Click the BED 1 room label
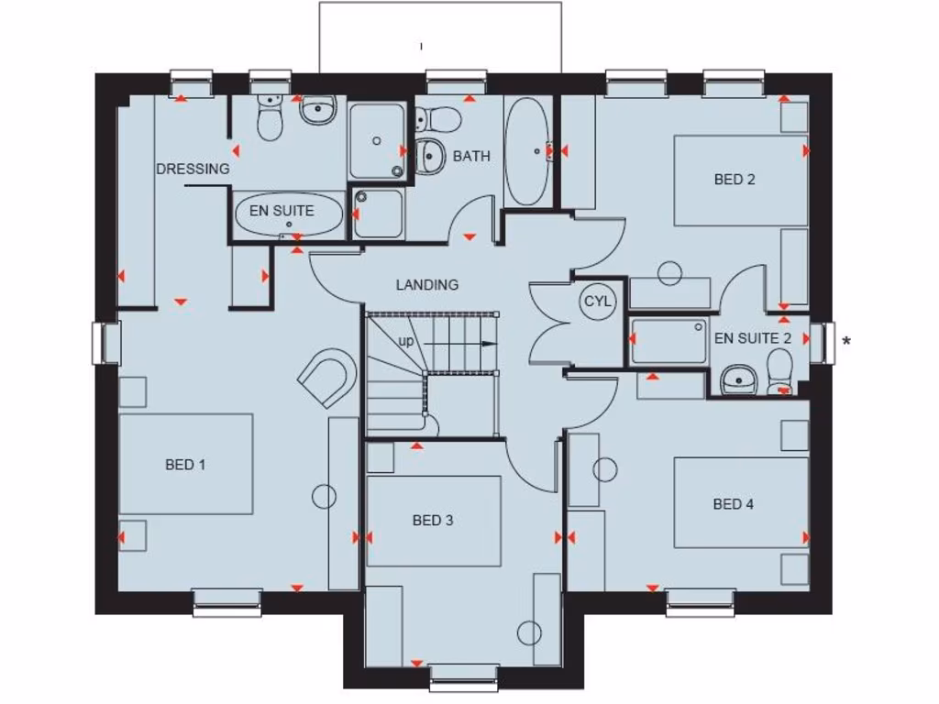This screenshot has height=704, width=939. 185,465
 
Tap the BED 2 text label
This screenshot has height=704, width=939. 735,180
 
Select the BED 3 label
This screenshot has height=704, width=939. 433,521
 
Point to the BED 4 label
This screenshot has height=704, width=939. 734,503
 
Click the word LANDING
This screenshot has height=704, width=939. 427,285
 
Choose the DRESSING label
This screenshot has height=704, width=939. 193,169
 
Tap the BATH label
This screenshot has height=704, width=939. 471,157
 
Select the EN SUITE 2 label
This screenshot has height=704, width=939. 753,338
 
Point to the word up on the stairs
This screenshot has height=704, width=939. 405,341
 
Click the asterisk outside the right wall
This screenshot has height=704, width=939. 845,342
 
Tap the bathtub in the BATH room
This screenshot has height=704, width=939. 528,150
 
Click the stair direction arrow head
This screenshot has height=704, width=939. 491,344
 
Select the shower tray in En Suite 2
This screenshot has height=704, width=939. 669,341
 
